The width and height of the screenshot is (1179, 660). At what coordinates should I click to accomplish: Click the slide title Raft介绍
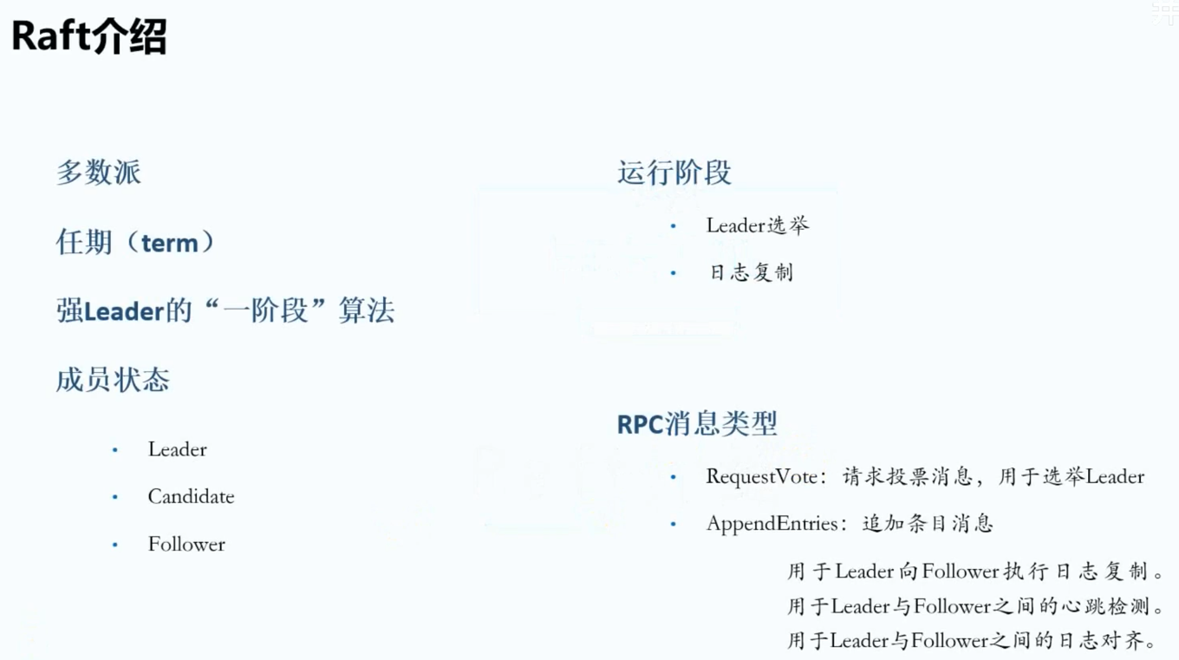point(89,37)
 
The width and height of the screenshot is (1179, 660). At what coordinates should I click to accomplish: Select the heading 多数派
point(99,172)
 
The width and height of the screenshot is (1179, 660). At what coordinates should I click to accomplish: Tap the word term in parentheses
point(170,243)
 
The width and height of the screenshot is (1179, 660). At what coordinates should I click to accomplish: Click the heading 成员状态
point(113,380)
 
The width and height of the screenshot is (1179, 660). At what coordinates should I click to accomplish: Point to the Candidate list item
point(191,497)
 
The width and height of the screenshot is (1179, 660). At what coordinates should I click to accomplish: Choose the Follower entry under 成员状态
point(186,545)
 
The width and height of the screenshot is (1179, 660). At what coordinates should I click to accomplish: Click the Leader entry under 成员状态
point(178,449)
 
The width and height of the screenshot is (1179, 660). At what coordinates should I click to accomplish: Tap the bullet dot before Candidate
point(114,498)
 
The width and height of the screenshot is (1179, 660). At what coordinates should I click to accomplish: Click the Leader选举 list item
point(758,225)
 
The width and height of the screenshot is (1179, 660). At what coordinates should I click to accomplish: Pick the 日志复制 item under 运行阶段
point(751,272)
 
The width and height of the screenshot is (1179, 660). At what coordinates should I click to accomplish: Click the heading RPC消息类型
point(697,424)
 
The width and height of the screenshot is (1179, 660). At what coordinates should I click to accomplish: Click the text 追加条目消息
point(928,524)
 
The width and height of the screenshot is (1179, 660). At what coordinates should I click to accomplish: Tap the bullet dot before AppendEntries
point(673,525)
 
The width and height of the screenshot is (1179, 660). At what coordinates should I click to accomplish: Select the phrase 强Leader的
point(124,310)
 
